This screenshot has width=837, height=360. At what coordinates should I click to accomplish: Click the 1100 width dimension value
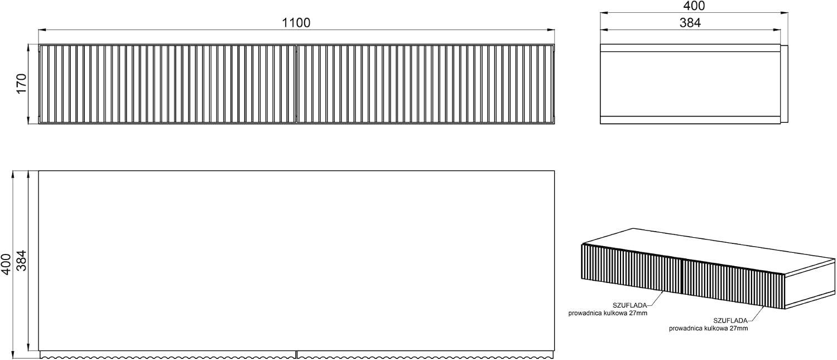pos(296,23)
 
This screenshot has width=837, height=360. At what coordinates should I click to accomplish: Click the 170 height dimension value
pos(22,84)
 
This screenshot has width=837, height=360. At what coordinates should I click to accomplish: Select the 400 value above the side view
pos(694,6)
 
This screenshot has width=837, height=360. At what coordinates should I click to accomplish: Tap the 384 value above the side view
pos(690,23)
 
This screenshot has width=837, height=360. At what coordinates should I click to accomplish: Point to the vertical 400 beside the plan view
pos(6,265)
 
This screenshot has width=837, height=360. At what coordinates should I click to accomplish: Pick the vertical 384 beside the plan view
pos(22,261)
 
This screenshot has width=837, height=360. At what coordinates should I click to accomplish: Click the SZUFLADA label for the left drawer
pos(629,305)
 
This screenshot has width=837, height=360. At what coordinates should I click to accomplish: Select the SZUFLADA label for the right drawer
pos(730,321)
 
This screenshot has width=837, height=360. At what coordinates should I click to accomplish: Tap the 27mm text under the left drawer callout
pos(638,313)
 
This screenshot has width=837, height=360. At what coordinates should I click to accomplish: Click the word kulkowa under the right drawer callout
pos(715,329)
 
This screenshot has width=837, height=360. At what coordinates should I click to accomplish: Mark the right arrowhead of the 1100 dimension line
pos(551,30)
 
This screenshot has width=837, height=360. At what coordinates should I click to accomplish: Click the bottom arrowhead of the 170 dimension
pos(29,120)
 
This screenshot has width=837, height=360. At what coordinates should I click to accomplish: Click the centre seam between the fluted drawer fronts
pos(296,84)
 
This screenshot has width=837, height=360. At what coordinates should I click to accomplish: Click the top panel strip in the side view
pos(690,48)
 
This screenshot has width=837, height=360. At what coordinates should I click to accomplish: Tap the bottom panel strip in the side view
pos(690,120)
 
